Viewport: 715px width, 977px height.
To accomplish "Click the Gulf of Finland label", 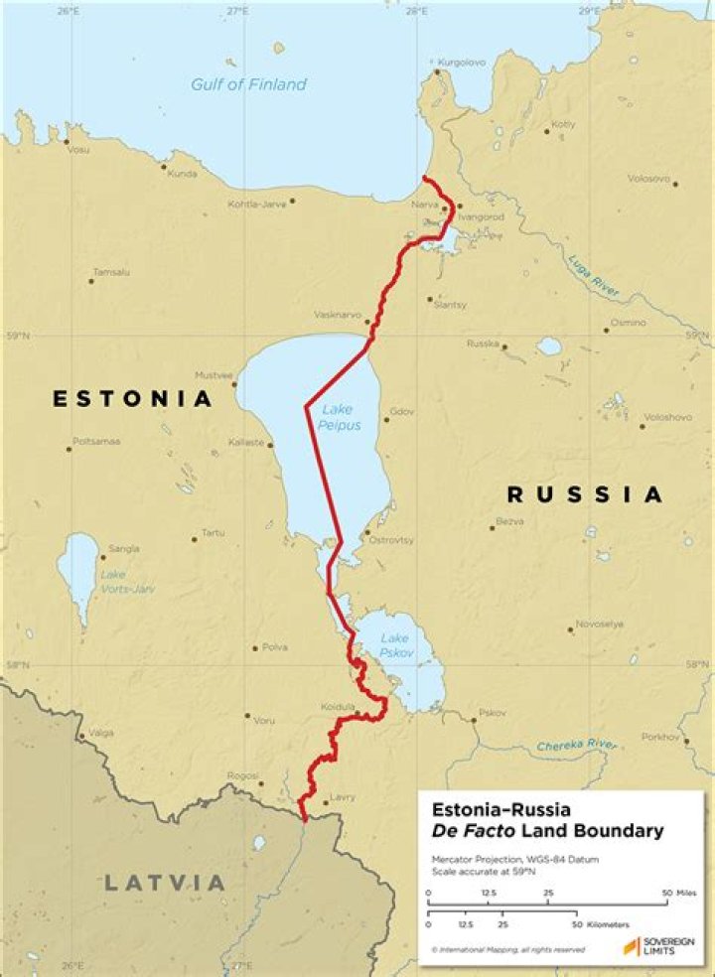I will click(x=248, y=84).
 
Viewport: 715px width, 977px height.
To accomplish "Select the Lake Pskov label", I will click(x=394, y=646).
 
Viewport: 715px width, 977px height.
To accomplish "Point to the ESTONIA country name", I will click(x=133, y=399).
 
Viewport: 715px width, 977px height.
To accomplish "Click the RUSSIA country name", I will click(x=584, y=494).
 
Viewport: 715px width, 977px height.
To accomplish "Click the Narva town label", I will click(x=425, y=206).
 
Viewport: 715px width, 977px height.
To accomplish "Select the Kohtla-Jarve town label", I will click(x=256, y=203).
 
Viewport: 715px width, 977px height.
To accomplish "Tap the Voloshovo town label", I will click(x=667, y=417).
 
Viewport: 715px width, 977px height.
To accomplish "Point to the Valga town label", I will click(x=101, y=734).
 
